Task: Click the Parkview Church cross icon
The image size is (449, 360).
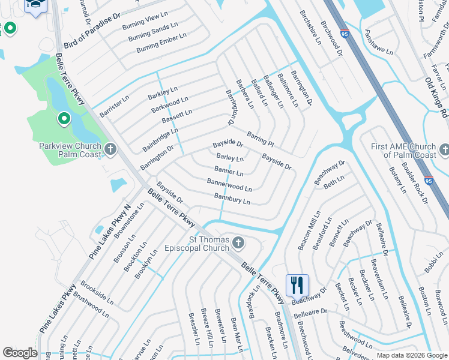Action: [109, 148]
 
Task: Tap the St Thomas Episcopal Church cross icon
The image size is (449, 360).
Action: [238, 243]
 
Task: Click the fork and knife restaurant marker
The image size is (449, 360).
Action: [297, 285]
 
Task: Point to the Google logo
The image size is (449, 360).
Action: [19, 353]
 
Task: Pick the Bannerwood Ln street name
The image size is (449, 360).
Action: [229, 185]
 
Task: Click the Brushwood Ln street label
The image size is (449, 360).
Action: [90, 305]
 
